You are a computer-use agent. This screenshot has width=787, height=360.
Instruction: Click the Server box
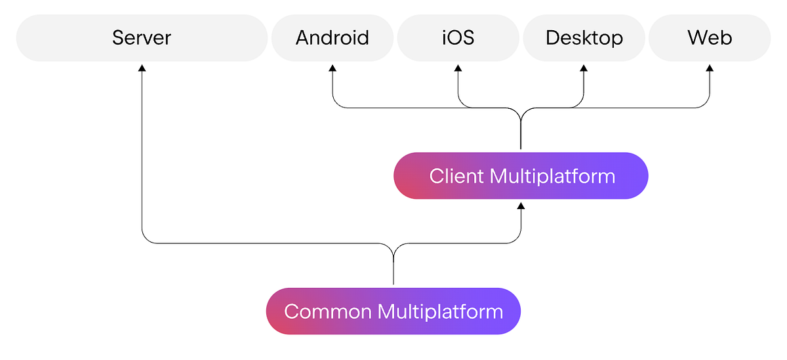(x=142, y=38)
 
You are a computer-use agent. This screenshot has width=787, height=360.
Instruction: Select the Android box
(x=332, y=38)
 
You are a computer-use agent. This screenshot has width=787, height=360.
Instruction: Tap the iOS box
(x=458, y=38)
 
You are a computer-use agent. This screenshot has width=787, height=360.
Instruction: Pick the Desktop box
(x=584, y=38)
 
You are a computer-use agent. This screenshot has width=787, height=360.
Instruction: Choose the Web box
(x=710, y=38)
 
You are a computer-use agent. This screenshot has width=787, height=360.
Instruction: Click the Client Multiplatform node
(x=521, y=176)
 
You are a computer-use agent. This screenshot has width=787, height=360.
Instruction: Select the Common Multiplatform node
(x=393, y=311)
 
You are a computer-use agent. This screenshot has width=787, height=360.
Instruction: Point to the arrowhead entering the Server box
(x=142, y=68)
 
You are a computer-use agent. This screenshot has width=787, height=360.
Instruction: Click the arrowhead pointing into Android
(x=333, y=68)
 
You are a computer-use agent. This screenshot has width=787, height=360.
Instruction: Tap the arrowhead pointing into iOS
(x=458, y=68)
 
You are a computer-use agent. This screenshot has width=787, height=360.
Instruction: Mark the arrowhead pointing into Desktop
(x=584, y=68)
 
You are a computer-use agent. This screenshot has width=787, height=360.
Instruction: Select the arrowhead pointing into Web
(x=710, y=68)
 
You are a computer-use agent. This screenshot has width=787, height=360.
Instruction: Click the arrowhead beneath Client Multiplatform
(x=521, y=206)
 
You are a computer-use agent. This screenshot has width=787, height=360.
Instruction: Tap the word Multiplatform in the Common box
(x=440, y=311)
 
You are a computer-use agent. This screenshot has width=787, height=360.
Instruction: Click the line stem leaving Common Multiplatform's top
(x=393, y=272)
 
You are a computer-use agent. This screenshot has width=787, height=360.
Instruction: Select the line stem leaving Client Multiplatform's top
(x=521, y=138)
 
